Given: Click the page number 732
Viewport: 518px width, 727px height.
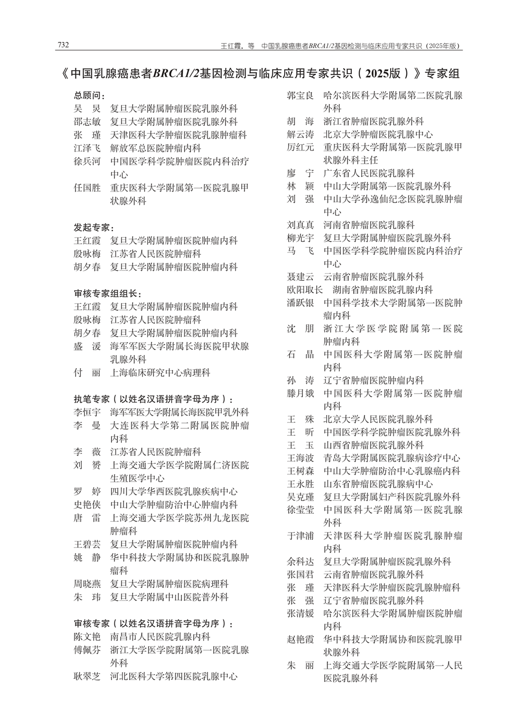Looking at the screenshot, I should (x=63, y=45).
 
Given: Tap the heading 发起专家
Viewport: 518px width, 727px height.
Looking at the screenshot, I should (x=93, y=228).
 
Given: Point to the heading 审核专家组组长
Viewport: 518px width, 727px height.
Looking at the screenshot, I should (x=106, y=293).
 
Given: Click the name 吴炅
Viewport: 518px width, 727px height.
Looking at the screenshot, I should (x=87, y=109).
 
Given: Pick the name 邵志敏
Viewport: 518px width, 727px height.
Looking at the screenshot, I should (x=87, y=122).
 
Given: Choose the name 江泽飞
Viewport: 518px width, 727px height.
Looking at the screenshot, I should (x=87, y=148).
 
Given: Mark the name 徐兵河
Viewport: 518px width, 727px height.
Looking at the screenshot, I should (x=87, y=161).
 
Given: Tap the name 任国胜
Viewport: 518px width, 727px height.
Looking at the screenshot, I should (x=87, y=188).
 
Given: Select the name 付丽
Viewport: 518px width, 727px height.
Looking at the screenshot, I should (x=87, y=373).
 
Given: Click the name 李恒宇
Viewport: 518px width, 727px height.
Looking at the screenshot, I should (x=87, y=412).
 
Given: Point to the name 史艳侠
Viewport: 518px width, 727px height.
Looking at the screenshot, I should (x=87, y=504).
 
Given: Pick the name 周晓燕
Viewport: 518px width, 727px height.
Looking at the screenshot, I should (x=87, y=584).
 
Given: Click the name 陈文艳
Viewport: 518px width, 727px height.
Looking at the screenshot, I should (x=87, y=637).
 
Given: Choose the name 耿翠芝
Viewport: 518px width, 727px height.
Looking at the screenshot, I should (x=87, y=676).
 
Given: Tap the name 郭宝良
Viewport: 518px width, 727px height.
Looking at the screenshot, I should (x=300, y=95).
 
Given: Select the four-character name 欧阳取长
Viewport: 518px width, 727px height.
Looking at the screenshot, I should (x=305, y=290).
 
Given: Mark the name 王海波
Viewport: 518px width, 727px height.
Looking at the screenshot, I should (x=300, y=458).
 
